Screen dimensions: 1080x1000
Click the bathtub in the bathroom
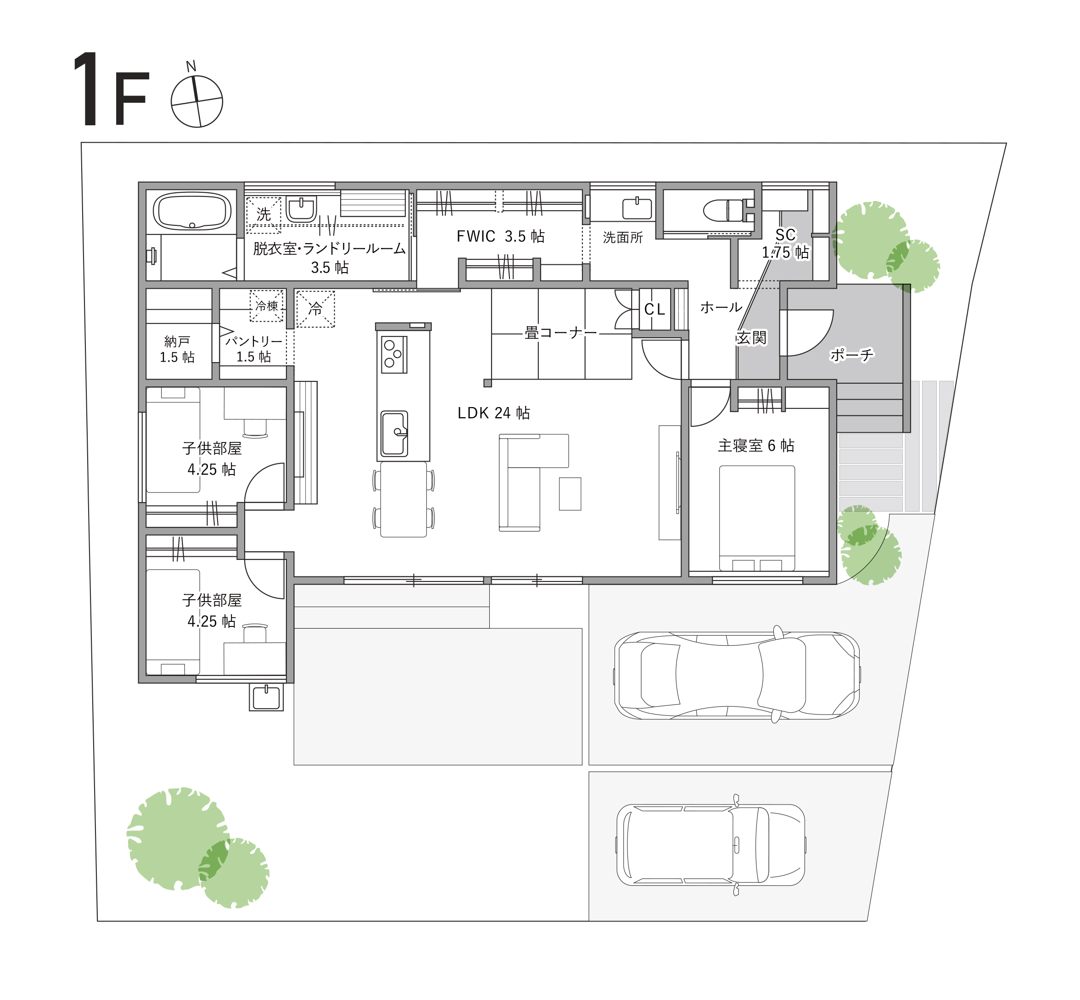[192, 212]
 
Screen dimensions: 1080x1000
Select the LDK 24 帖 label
[493, 413]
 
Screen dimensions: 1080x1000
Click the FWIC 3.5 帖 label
[500, 236]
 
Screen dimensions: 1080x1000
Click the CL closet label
[655, 309]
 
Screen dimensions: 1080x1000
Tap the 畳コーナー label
[560, 333]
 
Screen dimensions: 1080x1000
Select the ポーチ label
[852, 355]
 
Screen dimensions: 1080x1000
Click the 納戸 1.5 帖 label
[177, 349]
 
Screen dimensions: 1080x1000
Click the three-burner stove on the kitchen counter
[394, 354]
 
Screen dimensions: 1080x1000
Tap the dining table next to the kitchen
[403, 499]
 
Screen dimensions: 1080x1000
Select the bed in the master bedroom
[757, 518]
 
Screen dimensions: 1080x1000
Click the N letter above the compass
[191, 67]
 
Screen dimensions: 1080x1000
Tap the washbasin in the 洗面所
[637, 208]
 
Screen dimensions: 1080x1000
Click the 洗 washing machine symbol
[263, 214]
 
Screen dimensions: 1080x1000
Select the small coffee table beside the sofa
[570, 493]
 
